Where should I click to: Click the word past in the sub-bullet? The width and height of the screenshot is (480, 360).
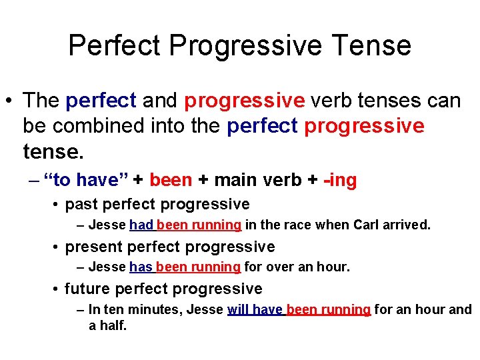[81, 204]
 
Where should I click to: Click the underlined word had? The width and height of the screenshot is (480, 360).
[141, 225]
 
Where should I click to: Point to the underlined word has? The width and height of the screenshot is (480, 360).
[141, 267]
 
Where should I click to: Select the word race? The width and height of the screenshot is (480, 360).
[298, 225]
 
